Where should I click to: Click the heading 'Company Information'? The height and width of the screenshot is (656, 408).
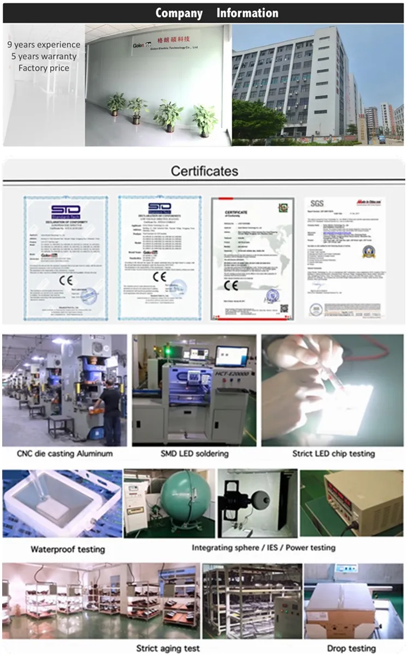point(217,13)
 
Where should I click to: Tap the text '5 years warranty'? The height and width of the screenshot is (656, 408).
point(44,56)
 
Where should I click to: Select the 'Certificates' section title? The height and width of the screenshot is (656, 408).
point(204,171)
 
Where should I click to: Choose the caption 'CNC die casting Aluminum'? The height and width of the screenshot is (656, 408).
point(64,453)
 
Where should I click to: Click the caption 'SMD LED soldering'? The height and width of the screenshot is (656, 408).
point(194,453)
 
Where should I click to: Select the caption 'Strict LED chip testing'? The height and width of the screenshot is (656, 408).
point(333,453)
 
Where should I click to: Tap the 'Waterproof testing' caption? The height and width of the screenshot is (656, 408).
point(68,549)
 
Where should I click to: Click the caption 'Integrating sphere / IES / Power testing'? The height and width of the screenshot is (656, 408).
point(263,547)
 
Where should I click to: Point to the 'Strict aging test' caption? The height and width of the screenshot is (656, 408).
point(168,648)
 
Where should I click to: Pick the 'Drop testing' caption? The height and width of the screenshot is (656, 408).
point(351,648)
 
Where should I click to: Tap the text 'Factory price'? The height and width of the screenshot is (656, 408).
point(44,68)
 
